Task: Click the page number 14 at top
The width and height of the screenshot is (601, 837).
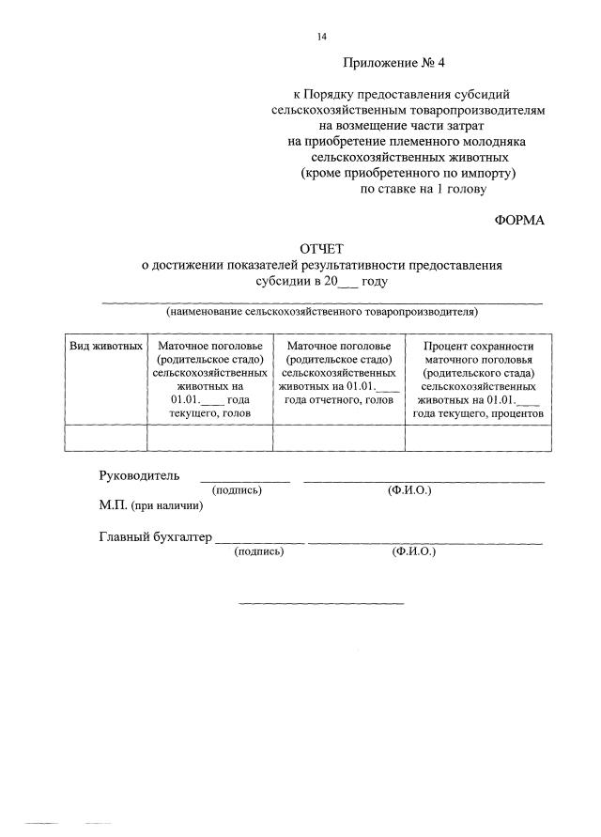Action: coord(322,37)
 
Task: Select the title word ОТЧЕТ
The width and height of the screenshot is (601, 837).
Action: coord(322,249)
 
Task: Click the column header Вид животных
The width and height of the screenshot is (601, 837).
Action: coord(106,346)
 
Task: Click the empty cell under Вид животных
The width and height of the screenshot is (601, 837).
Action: coord(106,438)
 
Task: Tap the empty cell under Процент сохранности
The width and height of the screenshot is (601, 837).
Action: coord(479,438)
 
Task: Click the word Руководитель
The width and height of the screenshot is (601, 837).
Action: coord(139,475)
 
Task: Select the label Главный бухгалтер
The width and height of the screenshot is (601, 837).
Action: coord(156,538)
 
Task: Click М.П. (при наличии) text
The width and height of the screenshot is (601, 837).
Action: coord(150,505)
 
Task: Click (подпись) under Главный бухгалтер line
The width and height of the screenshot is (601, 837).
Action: coord(258,552)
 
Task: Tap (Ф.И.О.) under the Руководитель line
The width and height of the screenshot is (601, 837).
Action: coord(409,490)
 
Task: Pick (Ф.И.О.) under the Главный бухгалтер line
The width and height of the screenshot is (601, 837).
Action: coord(414,552)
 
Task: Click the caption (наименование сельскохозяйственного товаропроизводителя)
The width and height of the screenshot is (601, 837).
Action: coord(322,311)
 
